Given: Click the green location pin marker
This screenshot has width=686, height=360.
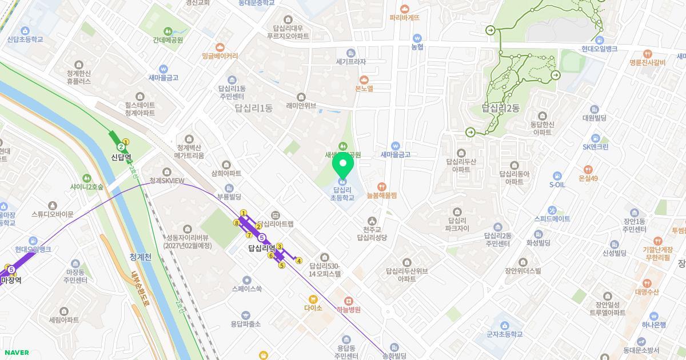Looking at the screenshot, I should tap(343, 166).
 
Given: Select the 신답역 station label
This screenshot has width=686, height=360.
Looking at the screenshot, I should tap(121, 157).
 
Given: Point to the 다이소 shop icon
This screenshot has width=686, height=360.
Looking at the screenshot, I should tap(313, 299).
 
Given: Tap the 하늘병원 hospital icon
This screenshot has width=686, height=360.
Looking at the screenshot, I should tap(348, 301).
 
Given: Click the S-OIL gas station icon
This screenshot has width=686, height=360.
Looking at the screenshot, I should tap(557, 176).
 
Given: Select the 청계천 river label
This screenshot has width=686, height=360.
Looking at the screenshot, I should tap(140, 257).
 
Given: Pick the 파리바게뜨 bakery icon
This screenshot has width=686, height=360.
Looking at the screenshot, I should tap(405, 9).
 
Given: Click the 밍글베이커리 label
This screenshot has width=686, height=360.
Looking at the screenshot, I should tap(220, 56).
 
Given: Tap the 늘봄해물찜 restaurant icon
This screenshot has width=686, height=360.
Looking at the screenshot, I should tap(381, 186).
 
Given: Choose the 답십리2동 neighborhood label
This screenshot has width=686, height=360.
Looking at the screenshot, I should tap(501, 108).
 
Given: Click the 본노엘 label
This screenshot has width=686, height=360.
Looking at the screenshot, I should tap(364, 89).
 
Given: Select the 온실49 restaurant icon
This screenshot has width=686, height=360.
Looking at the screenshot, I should tap(588, 170).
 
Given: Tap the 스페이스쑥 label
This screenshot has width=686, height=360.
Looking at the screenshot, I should tap(246, 289).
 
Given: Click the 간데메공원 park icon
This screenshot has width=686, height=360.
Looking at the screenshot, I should tap(167, 31).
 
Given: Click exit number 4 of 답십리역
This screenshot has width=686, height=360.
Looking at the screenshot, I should tap(298, 261).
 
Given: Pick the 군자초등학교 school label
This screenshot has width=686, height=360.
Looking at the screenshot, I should tap(505, 334).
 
